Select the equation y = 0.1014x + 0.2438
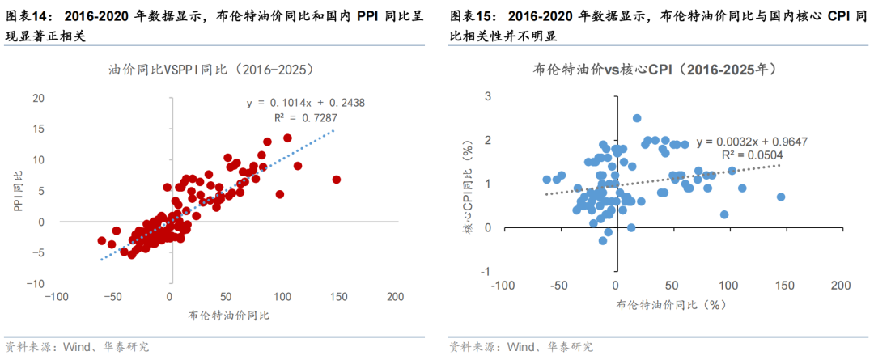tap(306, 103)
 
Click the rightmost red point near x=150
tap(337, 180)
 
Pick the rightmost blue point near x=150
tap(781, 197)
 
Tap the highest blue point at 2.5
tap(637, 118)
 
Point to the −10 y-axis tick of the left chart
tap(36, 284)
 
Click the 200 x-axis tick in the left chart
tap(395, 297)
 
